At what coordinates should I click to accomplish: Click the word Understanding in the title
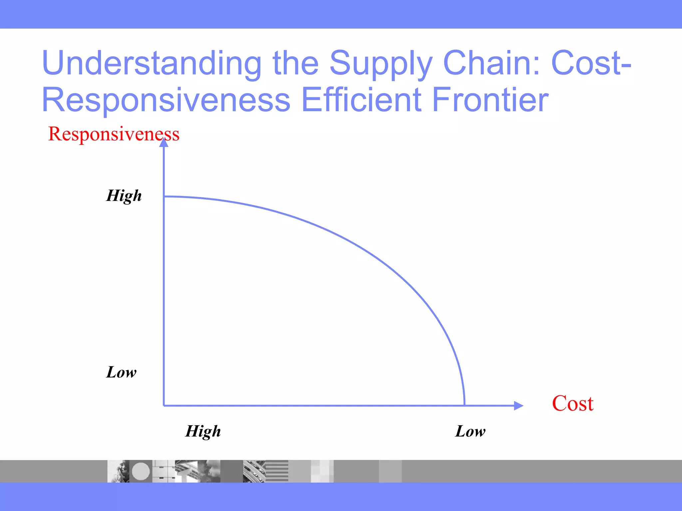[152, 63]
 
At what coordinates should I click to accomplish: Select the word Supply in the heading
[381, 63]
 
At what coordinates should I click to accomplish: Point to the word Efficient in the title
[361, 100]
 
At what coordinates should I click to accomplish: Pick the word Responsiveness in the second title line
[166, 100]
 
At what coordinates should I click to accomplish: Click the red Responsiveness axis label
[114, 134]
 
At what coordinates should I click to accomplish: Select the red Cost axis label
[572, 404]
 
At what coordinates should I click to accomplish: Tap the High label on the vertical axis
[124, 196]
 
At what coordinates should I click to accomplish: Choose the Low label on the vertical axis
[121, 372]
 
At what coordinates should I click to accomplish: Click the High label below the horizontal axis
[203, 431]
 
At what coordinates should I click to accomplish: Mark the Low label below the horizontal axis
[470, 431]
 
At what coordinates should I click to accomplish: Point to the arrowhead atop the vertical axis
[164, 142]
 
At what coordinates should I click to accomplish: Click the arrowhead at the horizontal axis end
[518, 406]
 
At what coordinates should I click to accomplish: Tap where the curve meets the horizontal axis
[464, 405]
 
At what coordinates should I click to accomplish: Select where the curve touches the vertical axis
[164, 197]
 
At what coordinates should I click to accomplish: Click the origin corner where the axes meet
[164, 406]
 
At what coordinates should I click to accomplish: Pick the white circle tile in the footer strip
[141, 471]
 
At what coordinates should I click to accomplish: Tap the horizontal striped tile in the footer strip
[276, 471]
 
